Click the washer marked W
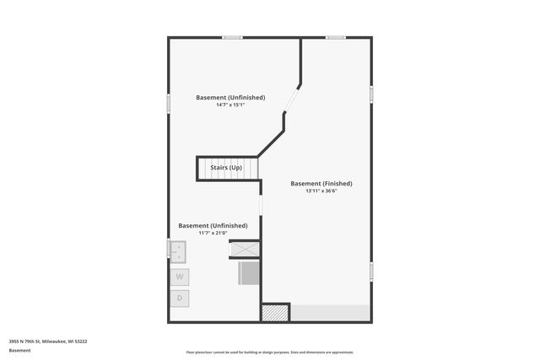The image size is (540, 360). (x=180, y=277)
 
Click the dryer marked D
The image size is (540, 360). (x=180, y=298)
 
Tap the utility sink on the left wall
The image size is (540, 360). (x=178, y=250)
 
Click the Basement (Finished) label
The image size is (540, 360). (x=321, y=183)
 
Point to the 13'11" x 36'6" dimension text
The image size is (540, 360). (x=321, y=191)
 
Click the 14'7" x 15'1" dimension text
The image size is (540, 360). (x=230, y=105)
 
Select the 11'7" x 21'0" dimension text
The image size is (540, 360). (x=213, y=234)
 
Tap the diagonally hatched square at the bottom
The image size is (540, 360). (x=275, y=313)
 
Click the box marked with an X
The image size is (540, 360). (x=244, y=250)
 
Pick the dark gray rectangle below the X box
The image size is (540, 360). (x=248, y=272)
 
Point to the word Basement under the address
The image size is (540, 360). (x=20, y=350)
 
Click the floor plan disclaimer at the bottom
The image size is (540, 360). (x=269, y=352)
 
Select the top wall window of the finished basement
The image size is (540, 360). (x=336, y=37)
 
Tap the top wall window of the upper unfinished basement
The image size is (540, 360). (x=232, y=37)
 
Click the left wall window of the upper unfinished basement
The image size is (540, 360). (x=169, y=102)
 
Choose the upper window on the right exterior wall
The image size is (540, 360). (x=371, y=93)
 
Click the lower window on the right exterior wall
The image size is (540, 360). (x=371, y=271)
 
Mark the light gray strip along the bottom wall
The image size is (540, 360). (x=331, y=313)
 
